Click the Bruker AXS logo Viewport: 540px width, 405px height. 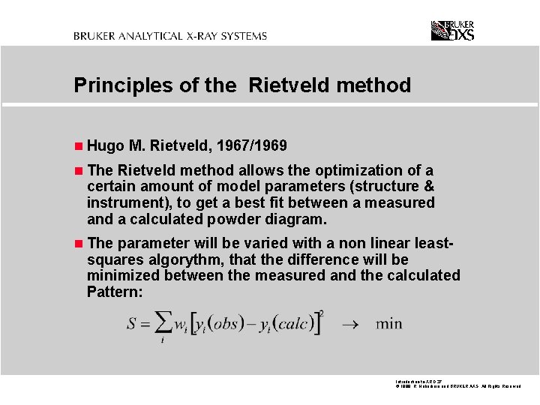tap(452, 31)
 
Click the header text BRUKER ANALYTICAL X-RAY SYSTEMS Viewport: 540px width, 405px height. tap(170, 35)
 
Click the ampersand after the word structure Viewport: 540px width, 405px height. tap(429, 186)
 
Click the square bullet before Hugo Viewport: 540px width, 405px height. tap(79, 145)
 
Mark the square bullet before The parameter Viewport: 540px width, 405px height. tap(79, 244)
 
